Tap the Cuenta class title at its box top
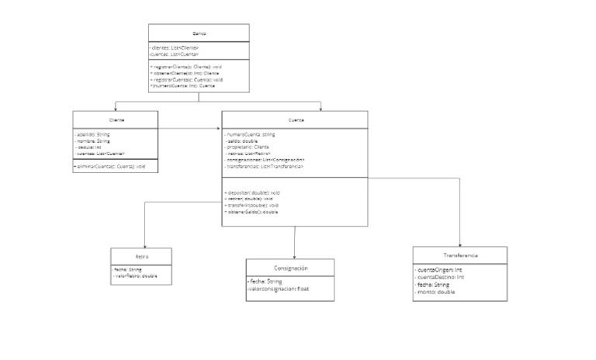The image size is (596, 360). (x=296, y=119)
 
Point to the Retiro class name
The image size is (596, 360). (x=140, y=255)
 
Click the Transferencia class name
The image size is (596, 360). (x=460, y=255)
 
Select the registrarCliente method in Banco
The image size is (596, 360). (x=187, y=67)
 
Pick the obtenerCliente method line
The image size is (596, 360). (x=185, y=74)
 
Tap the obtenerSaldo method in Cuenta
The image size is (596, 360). (x=251, y=211)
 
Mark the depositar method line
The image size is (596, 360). (x=252, y=192)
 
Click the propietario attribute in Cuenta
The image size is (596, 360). (x=248, y=147)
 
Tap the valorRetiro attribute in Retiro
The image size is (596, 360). (x=135, y=275)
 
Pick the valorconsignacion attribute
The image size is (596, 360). (x=289, y=289)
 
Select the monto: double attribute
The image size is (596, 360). (x=436, y=292)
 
